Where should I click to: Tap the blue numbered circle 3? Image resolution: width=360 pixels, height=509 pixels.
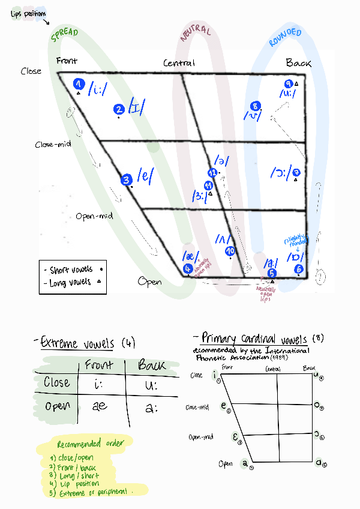pos(125,179)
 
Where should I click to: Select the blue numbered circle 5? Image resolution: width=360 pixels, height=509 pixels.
pos(271,273)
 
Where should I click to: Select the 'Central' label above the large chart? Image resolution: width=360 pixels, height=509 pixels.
pos(179,63)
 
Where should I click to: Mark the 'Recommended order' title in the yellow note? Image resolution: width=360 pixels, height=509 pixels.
pos(90,445)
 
